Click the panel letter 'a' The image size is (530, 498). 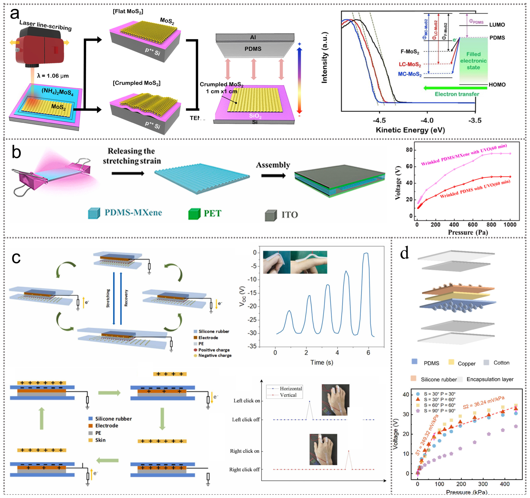[x=15, y=14]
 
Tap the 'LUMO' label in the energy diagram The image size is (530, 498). [x=497, y=25]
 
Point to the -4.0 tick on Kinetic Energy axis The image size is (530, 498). [x=427, y=121]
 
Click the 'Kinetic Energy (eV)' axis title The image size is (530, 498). [x=410, y=130]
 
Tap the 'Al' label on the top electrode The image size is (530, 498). [x=253, y=37]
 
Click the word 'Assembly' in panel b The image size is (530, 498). [x=273, y=165]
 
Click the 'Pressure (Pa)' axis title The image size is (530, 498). [x=468, y=232]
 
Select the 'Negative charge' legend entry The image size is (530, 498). [x=215, y=356]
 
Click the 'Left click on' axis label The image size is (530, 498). [x=247, y=401]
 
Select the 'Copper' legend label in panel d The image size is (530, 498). [x=467, y=364]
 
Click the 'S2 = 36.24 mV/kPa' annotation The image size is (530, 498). [x=484, y=402]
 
